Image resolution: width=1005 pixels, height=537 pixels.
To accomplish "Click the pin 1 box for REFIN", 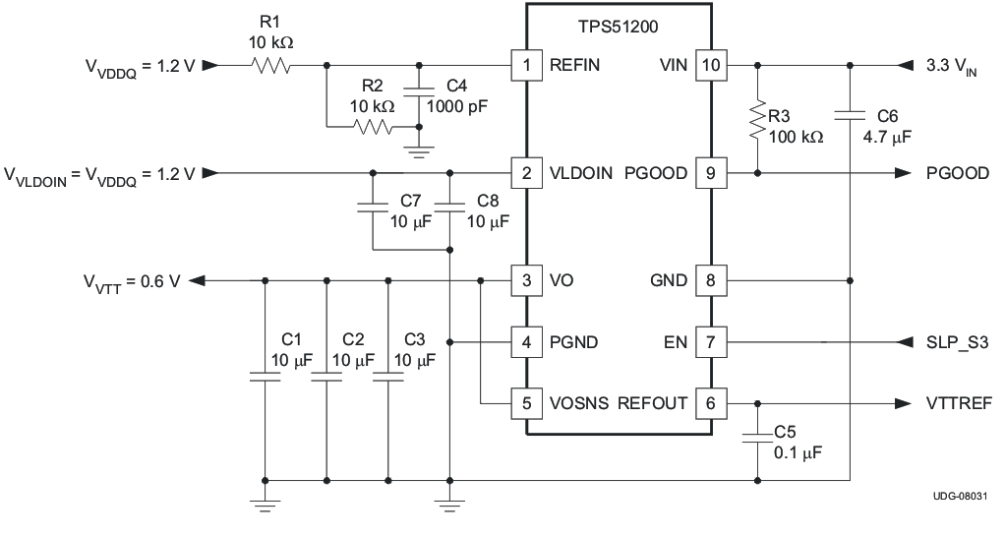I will [x=527, y=66].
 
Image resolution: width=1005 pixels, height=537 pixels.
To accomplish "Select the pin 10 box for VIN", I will [x=709, y=66].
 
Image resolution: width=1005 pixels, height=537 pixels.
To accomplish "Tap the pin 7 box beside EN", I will [x=709, y=342].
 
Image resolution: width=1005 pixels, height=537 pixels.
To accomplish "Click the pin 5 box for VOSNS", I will [x=527, y=402].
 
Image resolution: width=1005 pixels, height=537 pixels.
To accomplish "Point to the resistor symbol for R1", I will [x=270, y=66].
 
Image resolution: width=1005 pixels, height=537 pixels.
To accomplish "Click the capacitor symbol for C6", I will [x=851, y=116].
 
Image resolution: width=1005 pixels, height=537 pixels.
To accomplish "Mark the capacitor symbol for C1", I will [x=265, y=376].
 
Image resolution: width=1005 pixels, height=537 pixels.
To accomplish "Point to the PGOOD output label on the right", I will [x=958, y=173].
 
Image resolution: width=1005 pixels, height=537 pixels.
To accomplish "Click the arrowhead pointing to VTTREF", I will [x=902, y=402].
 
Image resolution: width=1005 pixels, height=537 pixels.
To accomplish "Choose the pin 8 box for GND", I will [x=709, y=281].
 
